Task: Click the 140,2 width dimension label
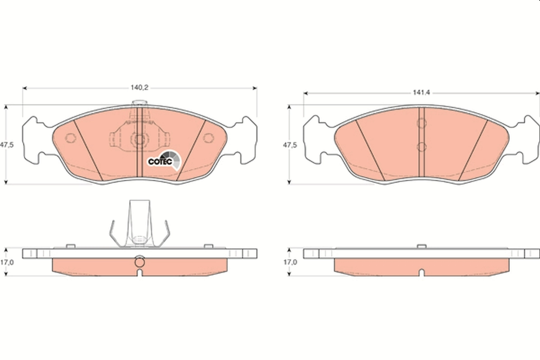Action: click(139, 88)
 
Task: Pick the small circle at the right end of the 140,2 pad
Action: click(208, 138)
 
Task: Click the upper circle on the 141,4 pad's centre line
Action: click(422, 123)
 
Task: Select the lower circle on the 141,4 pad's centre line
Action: click(422, 146)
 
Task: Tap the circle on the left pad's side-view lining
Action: click(139, 261)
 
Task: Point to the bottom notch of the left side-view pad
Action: click(139, 273)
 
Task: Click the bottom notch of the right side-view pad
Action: click(422, 273)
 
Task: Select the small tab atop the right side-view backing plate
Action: click(422, 246)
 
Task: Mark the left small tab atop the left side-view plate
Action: click(70, 246)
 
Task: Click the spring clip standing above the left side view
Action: click(139, 225)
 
